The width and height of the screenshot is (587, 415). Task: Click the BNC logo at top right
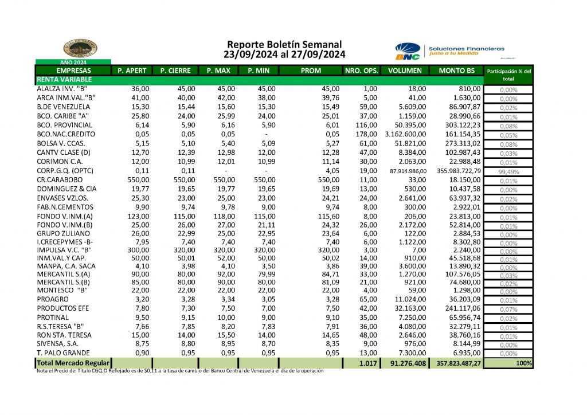point(408,52)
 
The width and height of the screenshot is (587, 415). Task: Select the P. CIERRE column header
point(175,71)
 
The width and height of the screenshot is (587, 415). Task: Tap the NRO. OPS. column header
point(361,71)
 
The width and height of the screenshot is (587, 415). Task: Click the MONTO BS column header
point(456,71)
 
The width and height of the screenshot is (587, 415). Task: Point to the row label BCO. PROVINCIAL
point(62,125)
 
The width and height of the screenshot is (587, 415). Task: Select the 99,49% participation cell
point(509,170)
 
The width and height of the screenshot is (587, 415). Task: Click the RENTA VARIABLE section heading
point(61,80)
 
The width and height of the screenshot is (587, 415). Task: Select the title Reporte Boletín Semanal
point(284,44)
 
